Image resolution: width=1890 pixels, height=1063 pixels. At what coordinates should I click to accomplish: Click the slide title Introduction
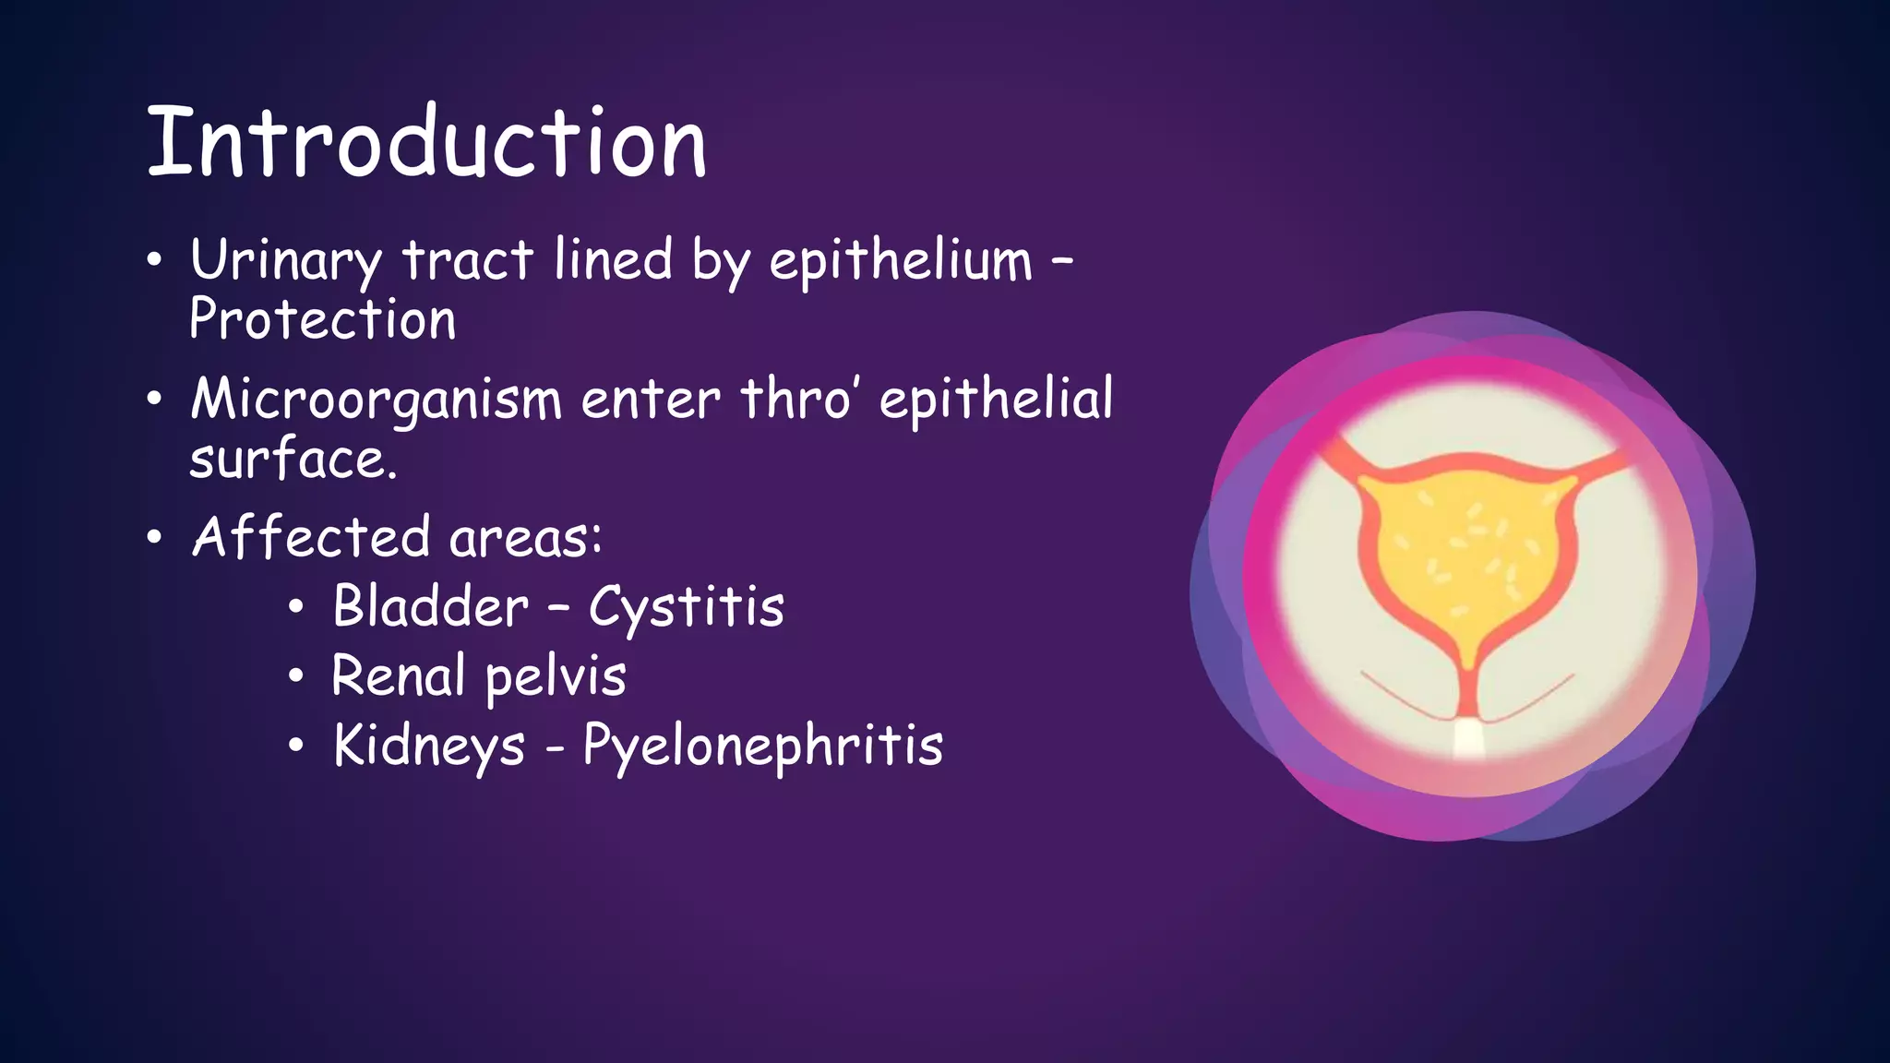426,143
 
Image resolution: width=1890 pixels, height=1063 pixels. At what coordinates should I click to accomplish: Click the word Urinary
285,260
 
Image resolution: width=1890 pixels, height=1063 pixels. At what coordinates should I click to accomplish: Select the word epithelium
901,260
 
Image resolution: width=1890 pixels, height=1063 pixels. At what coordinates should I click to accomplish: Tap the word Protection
322,320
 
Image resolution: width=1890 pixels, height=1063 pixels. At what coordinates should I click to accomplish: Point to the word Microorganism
376,400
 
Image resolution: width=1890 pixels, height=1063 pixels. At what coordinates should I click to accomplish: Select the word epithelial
996,399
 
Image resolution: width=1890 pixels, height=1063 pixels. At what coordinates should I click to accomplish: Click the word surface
293,460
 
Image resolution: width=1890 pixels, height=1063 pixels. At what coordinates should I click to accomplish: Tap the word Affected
311,537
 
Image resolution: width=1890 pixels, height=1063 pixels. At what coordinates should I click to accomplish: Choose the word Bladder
430,607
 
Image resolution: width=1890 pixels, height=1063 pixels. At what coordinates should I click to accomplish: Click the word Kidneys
429,746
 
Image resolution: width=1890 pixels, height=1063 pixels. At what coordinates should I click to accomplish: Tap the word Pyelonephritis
763,746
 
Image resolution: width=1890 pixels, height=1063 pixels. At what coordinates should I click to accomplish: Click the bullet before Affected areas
154,537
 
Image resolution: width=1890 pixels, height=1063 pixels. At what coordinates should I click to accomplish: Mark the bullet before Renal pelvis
295,676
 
